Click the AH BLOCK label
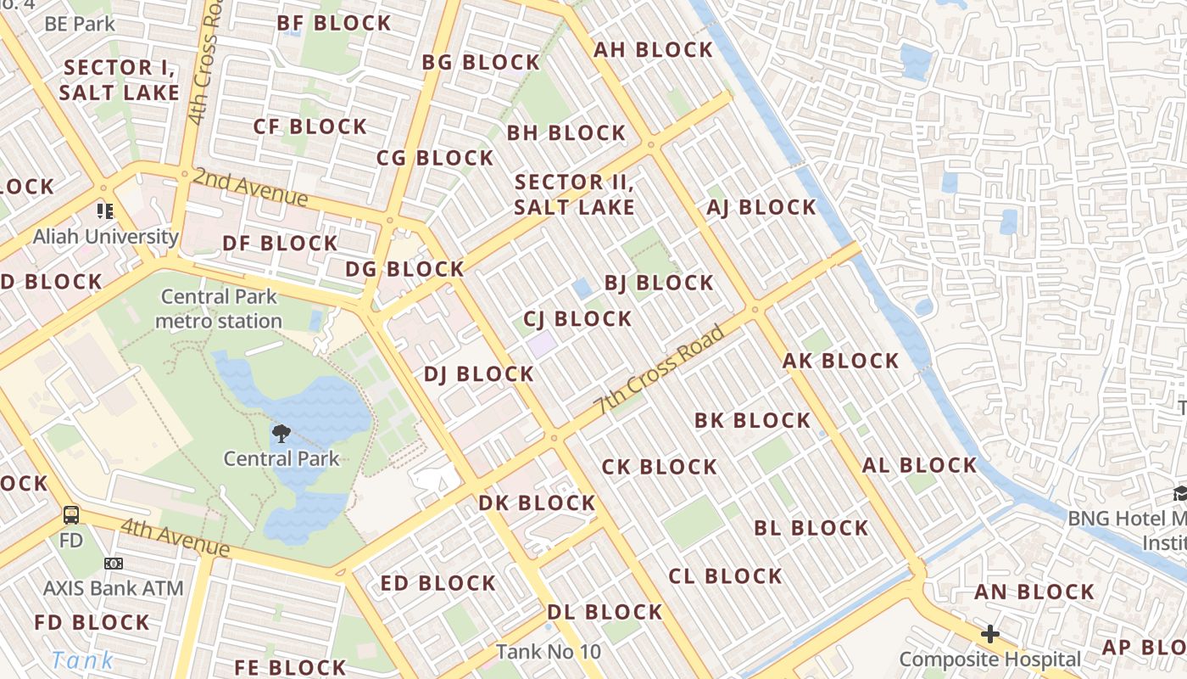(653, 50)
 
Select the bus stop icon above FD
(72, 514)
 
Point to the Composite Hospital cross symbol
(989, 634)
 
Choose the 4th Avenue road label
(175, 538)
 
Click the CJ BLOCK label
(577, 319)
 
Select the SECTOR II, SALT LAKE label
(574, 194)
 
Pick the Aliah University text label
(105, 237)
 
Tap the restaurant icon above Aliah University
(105, 210)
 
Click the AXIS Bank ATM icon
(114, 564)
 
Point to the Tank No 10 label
(548, 652)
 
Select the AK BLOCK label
(840, 361)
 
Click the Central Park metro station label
(219, 309)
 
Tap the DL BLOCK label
(605, 612)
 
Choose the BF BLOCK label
(334, 23)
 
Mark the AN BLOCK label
(1034, 592)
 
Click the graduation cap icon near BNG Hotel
(1179, 493)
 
